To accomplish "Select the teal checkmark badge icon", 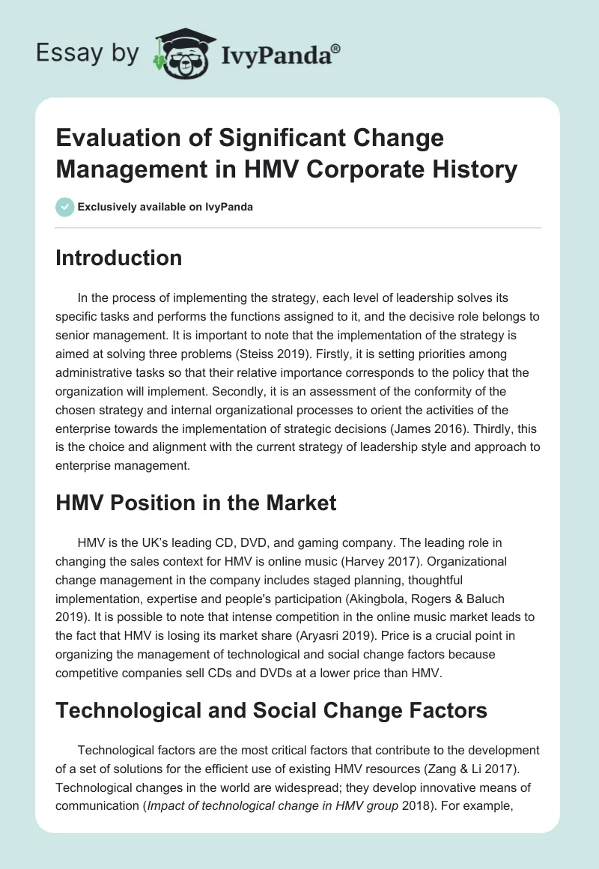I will click(64, 207).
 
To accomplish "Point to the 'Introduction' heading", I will click(119, 258).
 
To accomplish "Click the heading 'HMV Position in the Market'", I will click(196, 503).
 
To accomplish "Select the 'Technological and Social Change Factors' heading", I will click(272, 709).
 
